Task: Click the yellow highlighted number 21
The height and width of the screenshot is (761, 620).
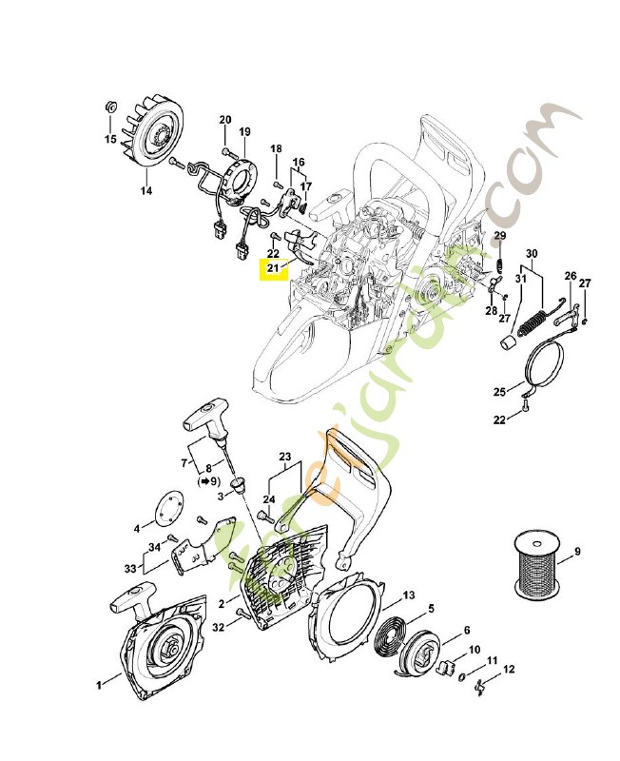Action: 273,268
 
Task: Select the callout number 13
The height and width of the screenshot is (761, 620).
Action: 408,595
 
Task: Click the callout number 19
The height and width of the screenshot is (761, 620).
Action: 244,131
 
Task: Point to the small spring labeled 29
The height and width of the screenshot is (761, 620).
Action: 496,259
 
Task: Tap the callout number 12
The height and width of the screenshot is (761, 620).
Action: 510,670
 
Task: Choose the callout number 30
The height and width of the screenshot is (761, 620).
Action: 532,253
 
